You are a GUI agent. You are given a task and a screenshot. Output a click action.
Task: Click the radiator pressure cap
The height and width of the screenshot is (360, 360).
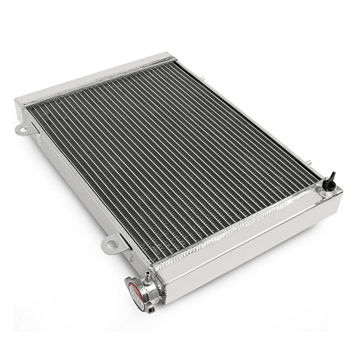[136, 292]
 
